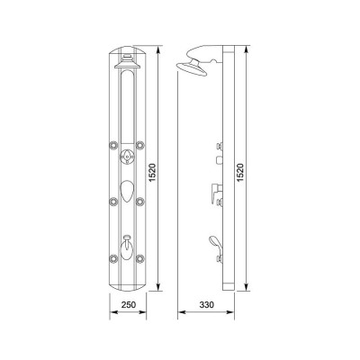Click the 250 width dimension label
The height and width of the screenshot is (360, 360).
pos(129,305)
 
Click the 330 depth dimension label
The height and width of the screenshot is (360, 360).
pos(207,305)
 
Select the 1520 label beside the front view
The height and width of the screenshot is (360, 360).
pos(152,172)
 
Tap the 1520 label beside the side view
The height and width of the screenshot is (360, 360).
pos(240,172)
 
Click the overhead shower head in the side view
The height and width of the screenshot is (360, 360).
pos(193,68)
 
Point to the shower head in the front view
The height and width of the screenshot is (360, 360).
pos(128,62)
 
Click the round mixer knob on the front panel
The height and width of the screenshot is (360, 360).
pos(128,157)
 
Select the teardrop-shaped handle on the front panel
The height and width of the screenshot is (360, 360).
pos(128,192)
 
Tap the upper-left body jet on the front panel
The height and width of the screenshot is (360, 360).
pos(113,145)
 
